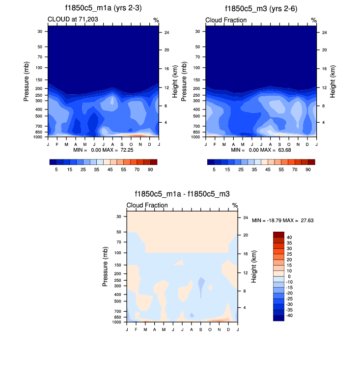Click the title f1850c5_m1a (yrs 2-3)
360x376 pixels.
point(103,9)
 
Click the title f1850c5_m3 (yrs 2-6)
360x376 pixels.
point(261,9)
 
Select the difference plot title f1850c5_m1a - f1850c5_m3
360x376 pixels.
point(182,194)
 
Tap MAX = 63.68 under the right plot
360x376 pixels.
point(276,149)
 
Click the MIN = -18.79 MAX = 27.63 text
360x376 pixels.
point(282,221)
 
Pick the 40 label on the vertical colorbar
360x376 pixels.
point(289,237)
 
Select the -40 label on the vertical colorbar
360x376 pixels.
point(290,315)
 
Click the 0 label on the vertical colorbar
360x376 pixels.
point(288,276)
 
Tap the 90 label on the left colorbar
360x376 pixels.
point(151,169)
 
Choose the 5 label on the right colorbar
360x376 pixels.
point(214,169)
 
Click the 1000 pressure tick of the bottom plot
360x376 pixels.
point(117,322)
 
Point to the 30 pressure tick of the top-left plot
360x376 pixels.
point(40,31)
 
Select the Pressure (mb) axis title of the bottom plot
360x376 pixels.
point(105,267)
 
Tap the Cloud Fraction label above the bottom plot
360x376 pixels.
point(147,205)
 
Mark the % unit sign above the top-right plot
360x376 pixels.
point(314,20)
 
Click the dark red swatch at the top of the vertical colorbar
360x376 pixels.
point(278,234)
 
